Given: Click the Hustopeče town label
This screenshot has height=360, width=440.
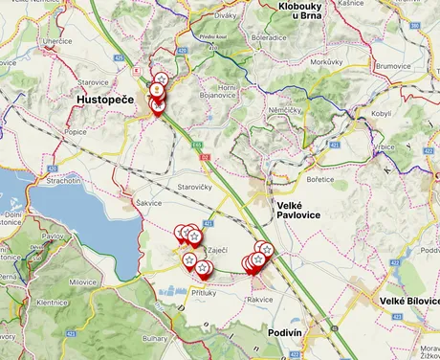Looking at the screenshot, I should pos(107,99).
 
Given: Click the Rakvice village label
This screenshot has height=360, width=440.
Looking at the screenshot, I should pos(260,300).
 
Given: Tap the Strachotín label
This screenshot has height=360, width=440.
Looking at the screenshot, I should pos(61,180).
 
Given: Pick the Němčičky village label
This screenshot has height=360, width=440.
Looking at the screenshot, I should pos(286,137).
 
